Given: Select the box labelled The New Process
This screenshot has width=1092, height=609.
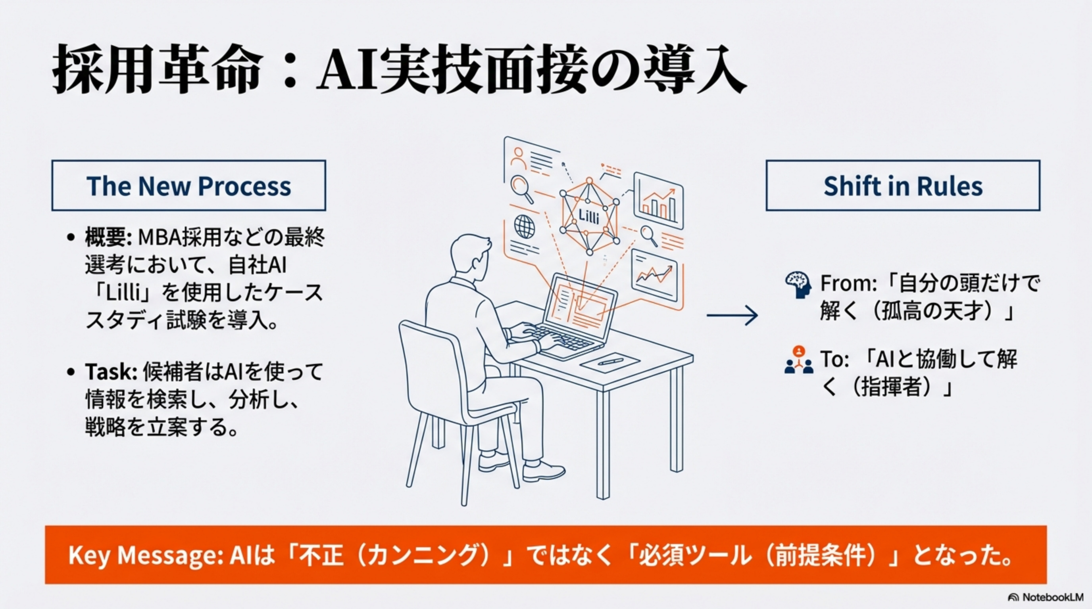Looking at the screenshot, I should pyautogui.click(x=188, y=186).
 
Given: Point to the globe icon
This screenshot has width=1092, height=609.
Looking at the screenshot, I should pyautogui.click(x=525, y=226).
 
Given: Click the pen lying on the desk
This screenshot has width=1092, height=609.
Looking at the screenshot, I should pyautogui.click(x=610, y=362).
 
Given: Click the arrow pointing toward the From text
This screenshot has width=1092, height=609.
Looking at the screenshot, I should pyautogui.click(x=732, y=316).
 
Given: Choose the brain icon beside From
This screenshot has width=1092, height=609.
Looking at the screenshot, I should pyautogui.click(x=798, y=285).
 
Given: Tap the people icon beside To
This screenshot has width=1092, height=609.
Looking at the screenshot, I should pyautogui.click(x=799, y=361).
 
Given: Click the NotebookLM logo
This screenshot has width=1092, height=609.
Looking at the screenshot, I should pyautogui.click(x=1047, y=597).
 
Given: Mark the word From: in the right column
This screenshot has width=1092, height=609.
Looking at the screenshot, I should pyautogui.click(x=848, y=284).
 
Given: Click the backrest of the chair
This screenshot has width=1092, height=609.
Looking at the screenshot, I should pyautogui.click(x=433, y=364).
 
